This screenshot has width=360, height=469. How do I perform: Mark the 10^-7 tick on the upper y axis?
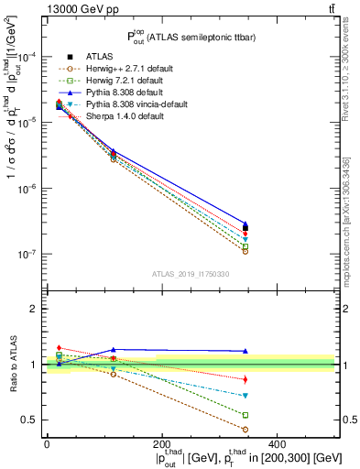click(x=27, y=254)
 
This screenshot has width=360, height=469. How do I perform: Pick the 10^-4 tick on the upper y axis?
click(x=27, y=57)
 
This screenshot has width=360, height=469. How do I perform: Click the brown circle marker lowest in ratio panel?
click(x=321, y=429)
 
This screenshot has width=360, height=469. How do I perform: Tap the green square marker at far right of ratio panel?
click(x=321, y=415)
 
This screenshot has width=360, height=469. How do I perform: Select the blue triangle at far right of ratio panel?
click(x=321, y=351)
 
